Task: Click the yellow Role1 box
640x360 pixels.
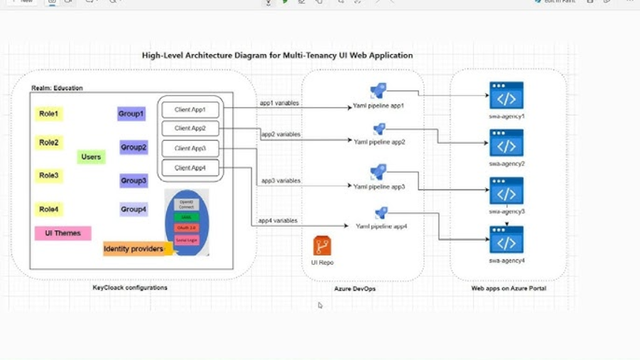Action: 49,114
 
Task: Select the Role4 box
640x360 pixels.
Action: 49,209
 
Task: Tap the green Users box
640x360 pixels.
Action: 91,157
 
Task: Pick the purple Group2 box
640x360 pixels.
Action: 134,148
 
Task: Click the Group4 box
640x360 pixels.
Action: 134,209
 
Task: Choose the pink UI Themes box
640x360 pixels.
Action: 63,233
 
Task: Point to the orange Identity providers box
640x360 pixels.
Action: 134,249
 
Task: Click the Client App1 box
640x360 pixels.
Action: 190,110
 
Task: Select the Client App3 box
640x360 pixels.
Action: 190,148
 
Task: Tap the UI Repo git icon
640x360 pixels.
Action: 322,246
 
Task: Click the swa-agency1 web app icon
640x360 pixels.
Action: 506,96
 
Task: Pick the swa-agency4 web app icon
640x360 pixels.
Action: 506,241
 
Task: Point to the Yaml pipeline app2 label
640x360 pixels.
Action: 379,142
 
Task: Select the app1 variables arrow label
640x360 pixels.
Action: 279,103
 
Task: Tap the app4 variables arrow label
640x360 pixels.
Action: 278,221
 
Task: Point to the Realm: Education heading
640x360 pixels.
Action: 57,88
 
